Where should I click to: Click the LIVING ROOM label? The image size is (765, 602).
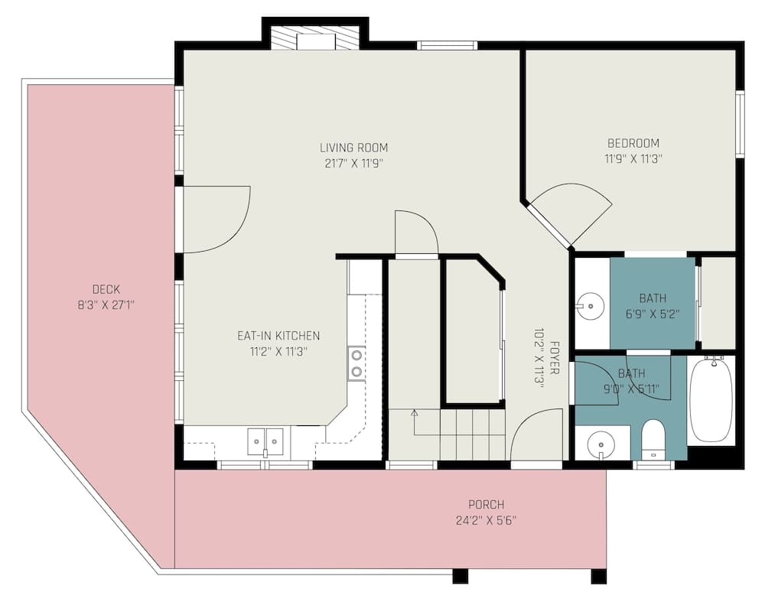tap(353, 148)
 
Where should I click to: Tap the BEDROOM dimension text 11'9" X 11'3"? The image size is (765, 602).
tap(633, 159)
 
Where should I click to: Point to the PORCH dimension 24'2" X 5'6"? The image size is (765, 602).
tap(487, 521)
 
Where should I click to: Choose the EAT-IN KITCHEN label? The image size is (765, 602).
tap(278, 336)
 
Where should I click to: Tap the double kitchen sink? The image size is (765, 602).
tap(265, 441)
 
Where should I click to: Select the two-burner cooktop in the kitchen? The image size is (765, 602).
tap(356, 363)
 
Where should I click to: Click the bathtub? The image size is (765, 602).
tap(711, 399)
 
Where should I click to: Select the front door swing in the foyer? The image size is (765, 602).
tap(535, 436)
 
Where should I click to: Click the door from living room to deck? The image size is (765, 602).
tap(214, 220)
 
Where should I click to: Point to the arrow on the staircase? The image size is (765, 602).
tap(414, 415)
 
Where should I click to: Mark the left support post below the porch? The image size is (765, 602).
tap(460, 576)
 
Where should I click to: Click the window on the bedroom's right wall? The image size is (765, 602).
tap(740, 124)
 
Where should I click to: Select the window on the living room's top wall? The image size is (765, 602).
tap(447, 45)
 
